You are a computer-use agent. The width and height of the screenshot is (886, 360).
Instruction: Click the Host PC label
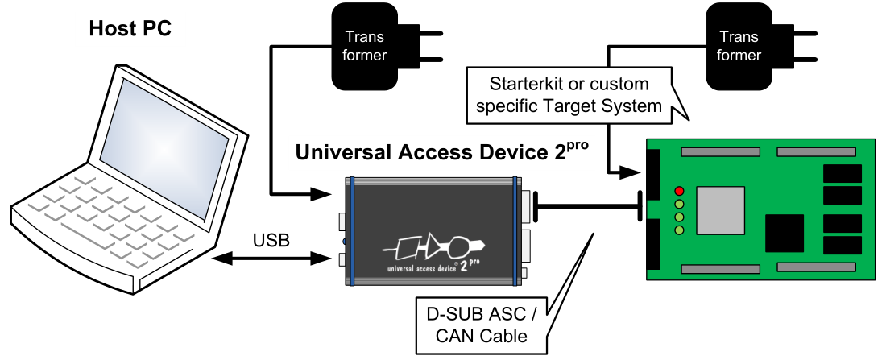pyautogui.click(x=130, y=30)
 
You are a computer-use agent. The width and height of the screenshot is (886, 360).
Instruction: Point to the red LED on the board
pyautogui.click(x=680, y=191)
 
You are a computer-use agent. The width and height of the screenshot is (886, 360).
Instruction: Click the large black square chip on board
pyautogui.click(x=785, y=234)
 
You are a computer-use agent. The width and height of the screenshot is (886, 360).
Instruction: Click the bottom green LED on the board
pyautogui.click(x=680, y=231)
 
